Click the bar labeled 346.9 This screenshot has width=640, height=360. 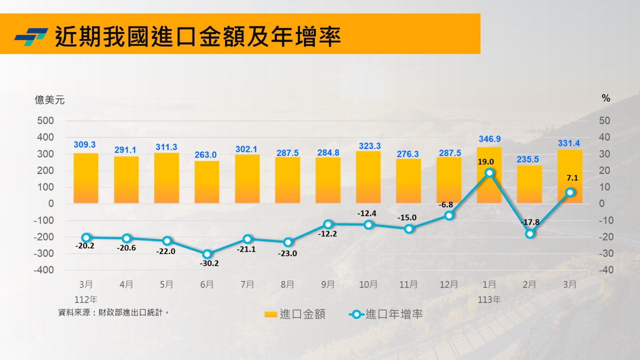click(489, 175)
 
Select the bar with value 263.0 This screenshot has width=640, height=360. click(207, 182)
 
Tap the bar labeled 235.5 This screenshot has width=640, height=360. click(529, 184)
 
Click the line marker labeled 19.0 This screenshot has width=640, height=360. click(489, 172)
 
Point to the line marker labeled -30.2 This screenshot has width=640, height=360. click(207, 254)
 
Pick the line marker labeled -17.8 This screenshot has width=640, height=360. click(530, 233)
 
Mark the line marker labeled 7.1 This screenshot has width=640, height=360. click(570, 192)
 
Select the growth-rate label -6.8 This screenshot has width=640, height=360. click(446, 205)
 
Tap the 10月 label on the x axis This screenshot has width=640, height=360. click(368, 284)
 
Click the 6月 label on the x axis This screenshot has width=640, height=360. click(207, 284)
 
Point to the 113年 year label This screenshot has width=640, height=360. click(489, 300)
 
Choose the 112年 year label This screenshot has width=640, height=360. click(86, 300)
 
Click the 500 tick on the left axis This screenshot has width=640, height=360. click(45, 120)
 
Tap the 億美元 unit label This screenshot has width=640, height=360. click(49, 100)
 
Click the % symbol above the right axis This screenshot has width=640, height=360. click(606, 98)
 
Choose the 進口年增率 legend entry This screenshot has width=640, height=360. click(385, 314)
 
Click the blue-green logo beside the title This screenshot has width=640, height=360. click(31, 36)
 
